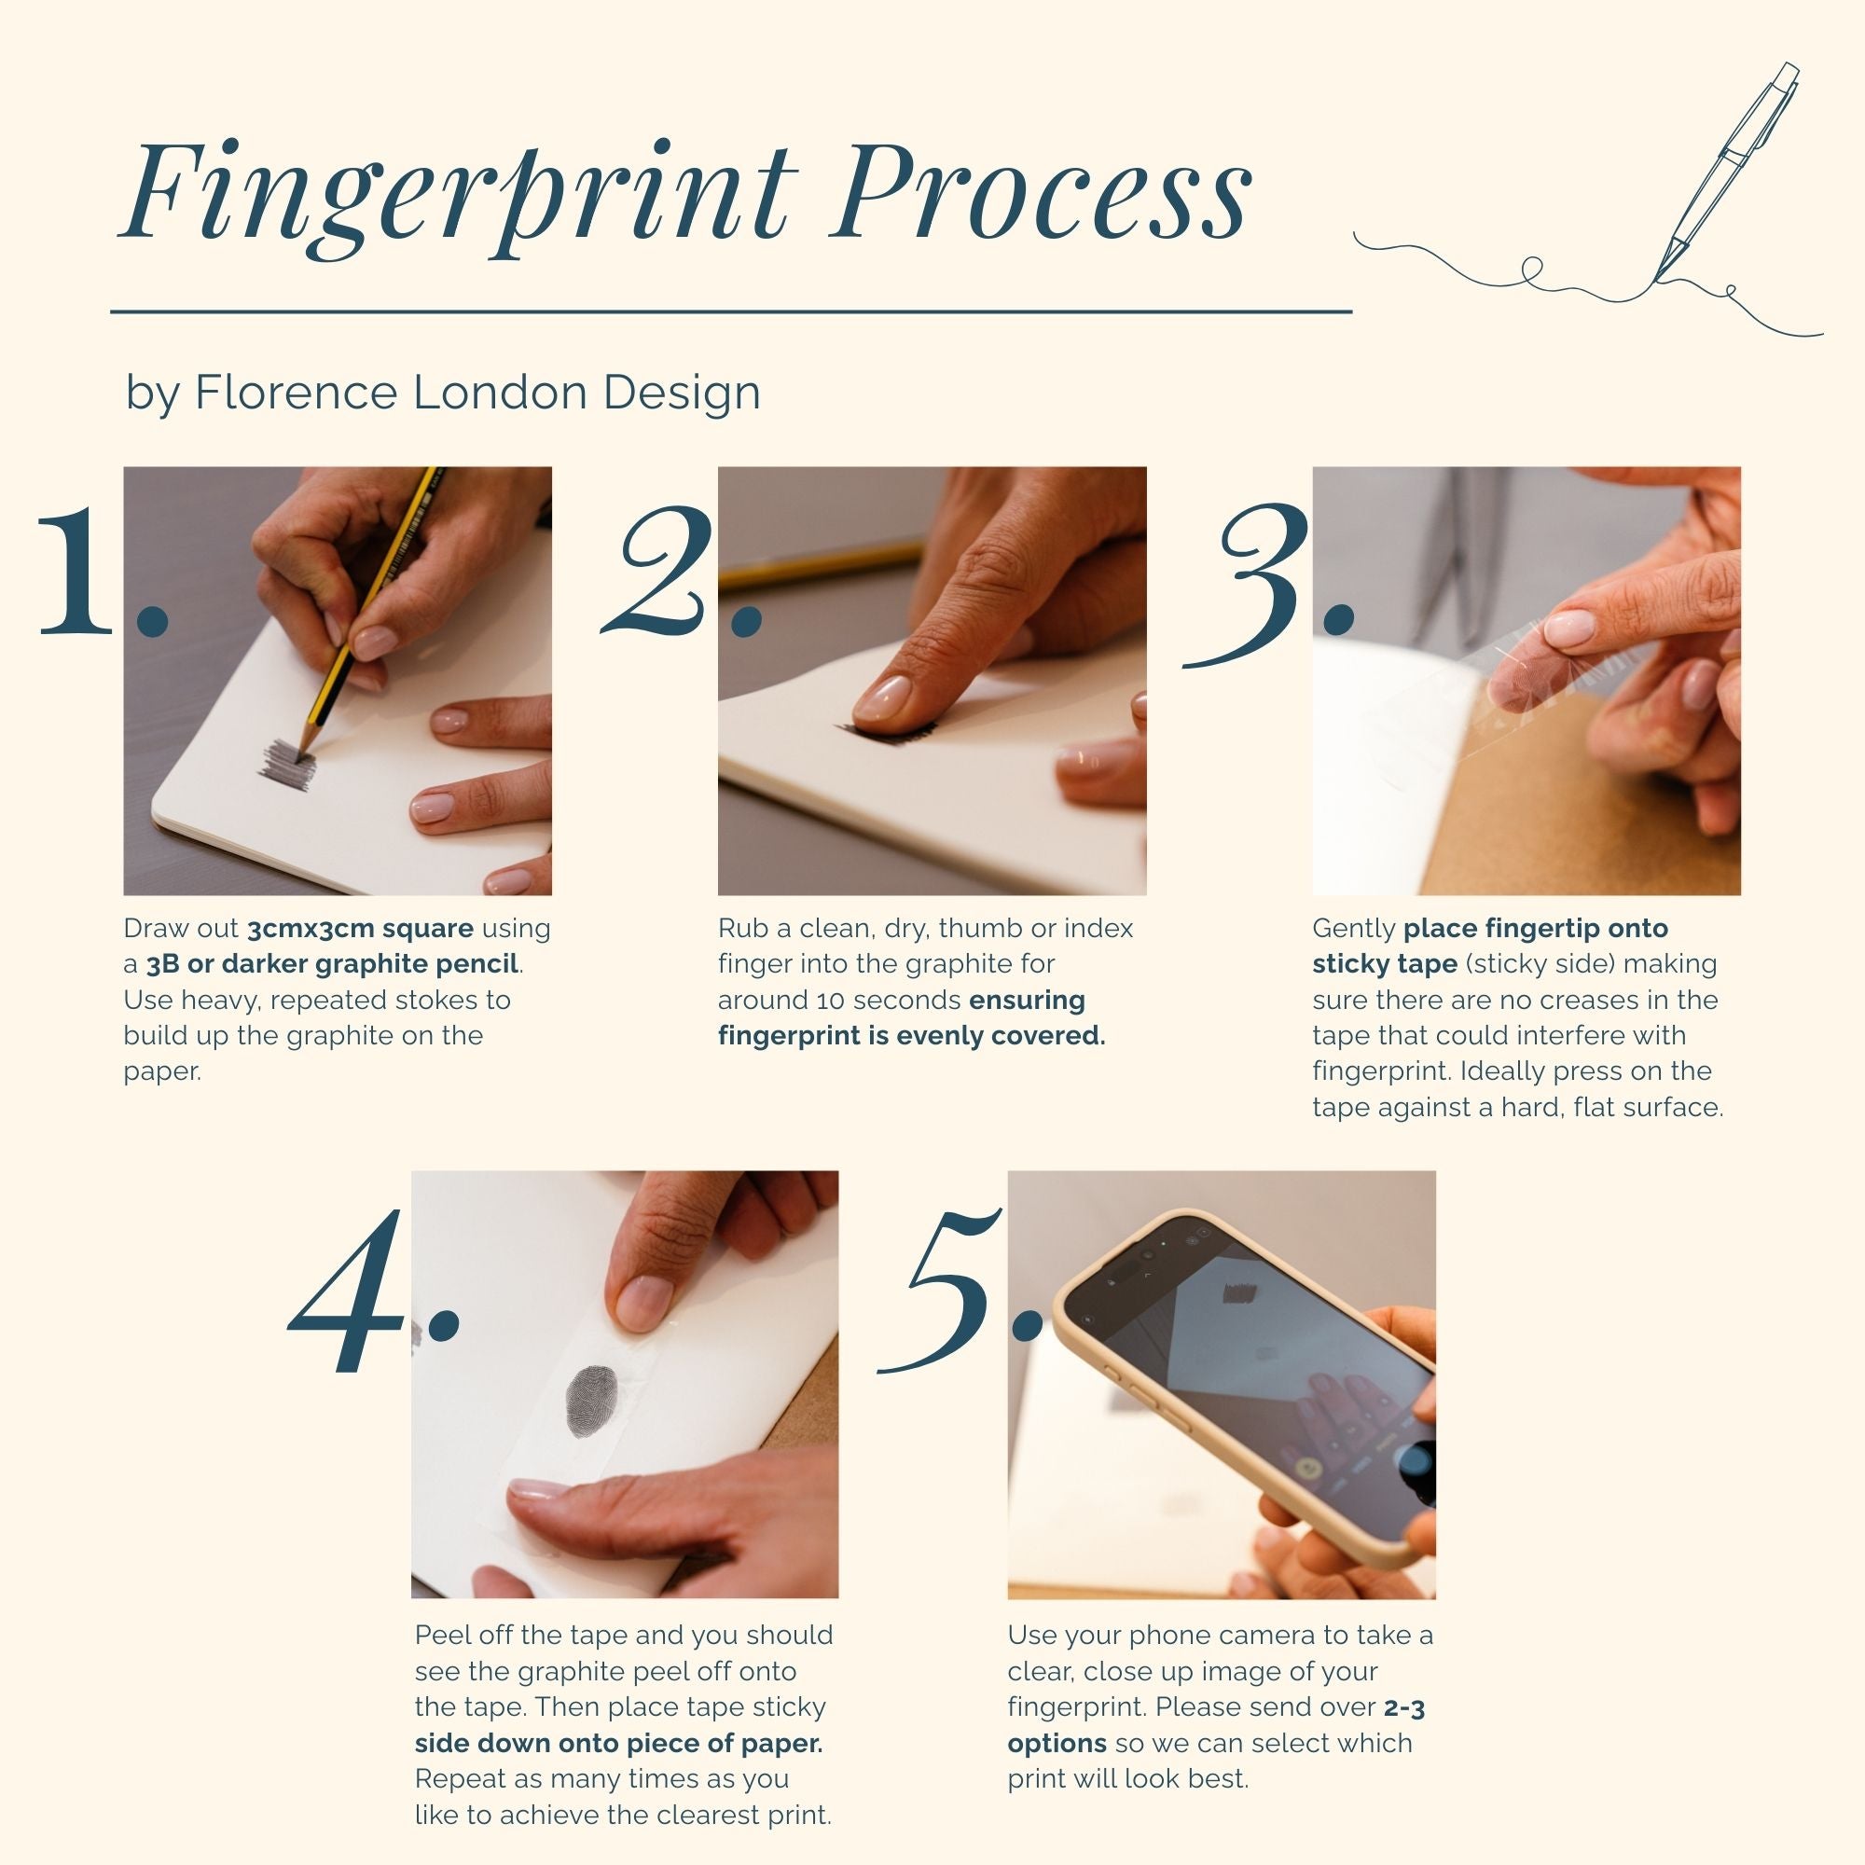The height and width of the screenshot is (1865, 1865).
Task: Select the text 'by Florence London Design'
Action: (x=443, y=393)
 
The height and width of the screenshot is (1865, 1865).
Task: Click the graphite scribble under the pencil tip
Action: (x=286, y=764)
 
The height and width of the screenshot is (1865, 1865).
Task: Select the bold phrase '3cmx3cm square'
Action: (x=360, y=929)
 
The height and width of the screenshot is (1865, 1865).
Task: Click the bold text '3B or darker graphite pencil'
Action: (x=332, y=964)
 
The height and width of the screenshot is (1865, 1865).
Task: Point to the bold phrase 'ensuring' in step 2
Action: (x=1027, y=1000)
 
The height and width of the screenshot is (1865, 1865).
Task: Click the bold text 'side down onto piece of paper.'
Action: (x=619, y=1743)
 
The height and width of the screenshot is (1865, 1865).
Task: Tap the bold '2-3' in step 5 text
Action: (x=1404, y=1707)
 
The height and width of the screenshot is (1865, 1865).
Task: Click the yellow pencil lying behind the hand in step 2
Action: (x=821, y=566)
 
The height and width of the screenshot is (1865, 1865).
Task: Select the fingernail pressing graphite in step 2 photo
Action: (x=882, y=697)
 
